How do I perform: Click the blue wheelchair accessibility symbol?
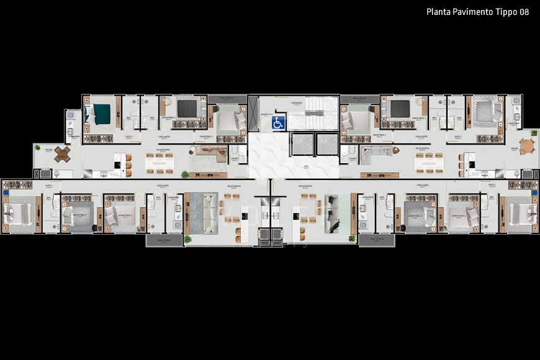pos(279,123)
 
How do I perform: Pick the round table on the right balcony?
pos(527,147)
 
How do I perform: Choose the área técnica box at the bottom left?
pos(161,240)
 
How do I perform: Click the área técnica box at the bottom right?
pos(376,240)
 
